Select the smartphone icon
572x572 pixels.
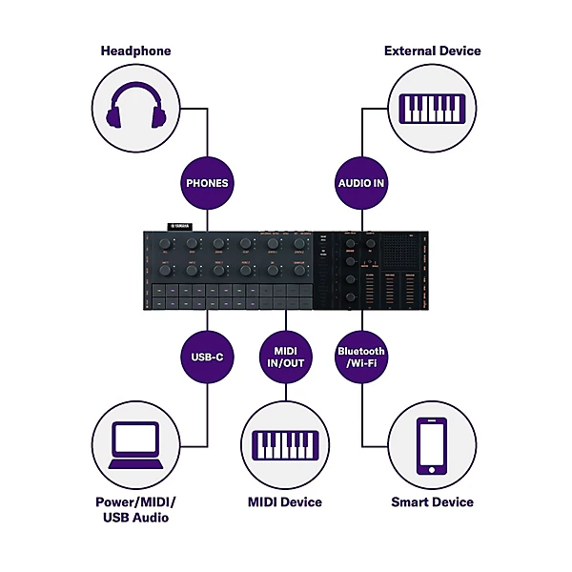[433, 444]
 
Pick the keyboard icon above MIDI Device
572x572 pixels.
[285, 444]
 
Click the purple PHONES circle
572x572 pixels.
[208, 181]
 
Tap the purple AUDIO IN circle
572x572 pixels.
[361, 181]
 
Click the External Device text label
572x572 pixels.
[433, 50]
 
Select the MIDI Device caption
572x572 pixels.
[285, 501]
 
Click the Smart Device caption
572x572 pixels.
[433, 501]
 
